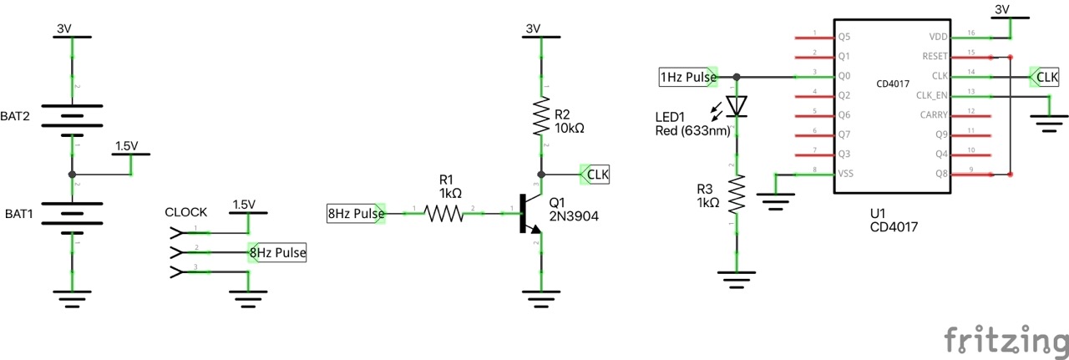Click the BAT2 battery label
[17, 116]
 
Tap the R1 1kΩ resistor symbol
[444, 215]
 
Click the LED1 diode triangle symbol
[736, 105]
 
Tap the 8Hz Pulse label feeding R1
[356, 214]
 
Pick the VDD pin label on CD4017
[938, 38]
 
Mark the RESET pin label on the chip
[935, 57]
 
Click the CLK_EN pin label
[932, 95]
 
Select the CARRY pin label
[934, 114]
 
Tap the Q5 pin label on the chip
[844, 38]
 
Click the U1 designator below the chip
[877, 212]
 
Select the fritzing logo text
[1006, 342]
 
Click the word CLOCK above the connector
[186, 212]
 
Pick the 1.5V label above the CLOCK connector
[244, 205]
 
